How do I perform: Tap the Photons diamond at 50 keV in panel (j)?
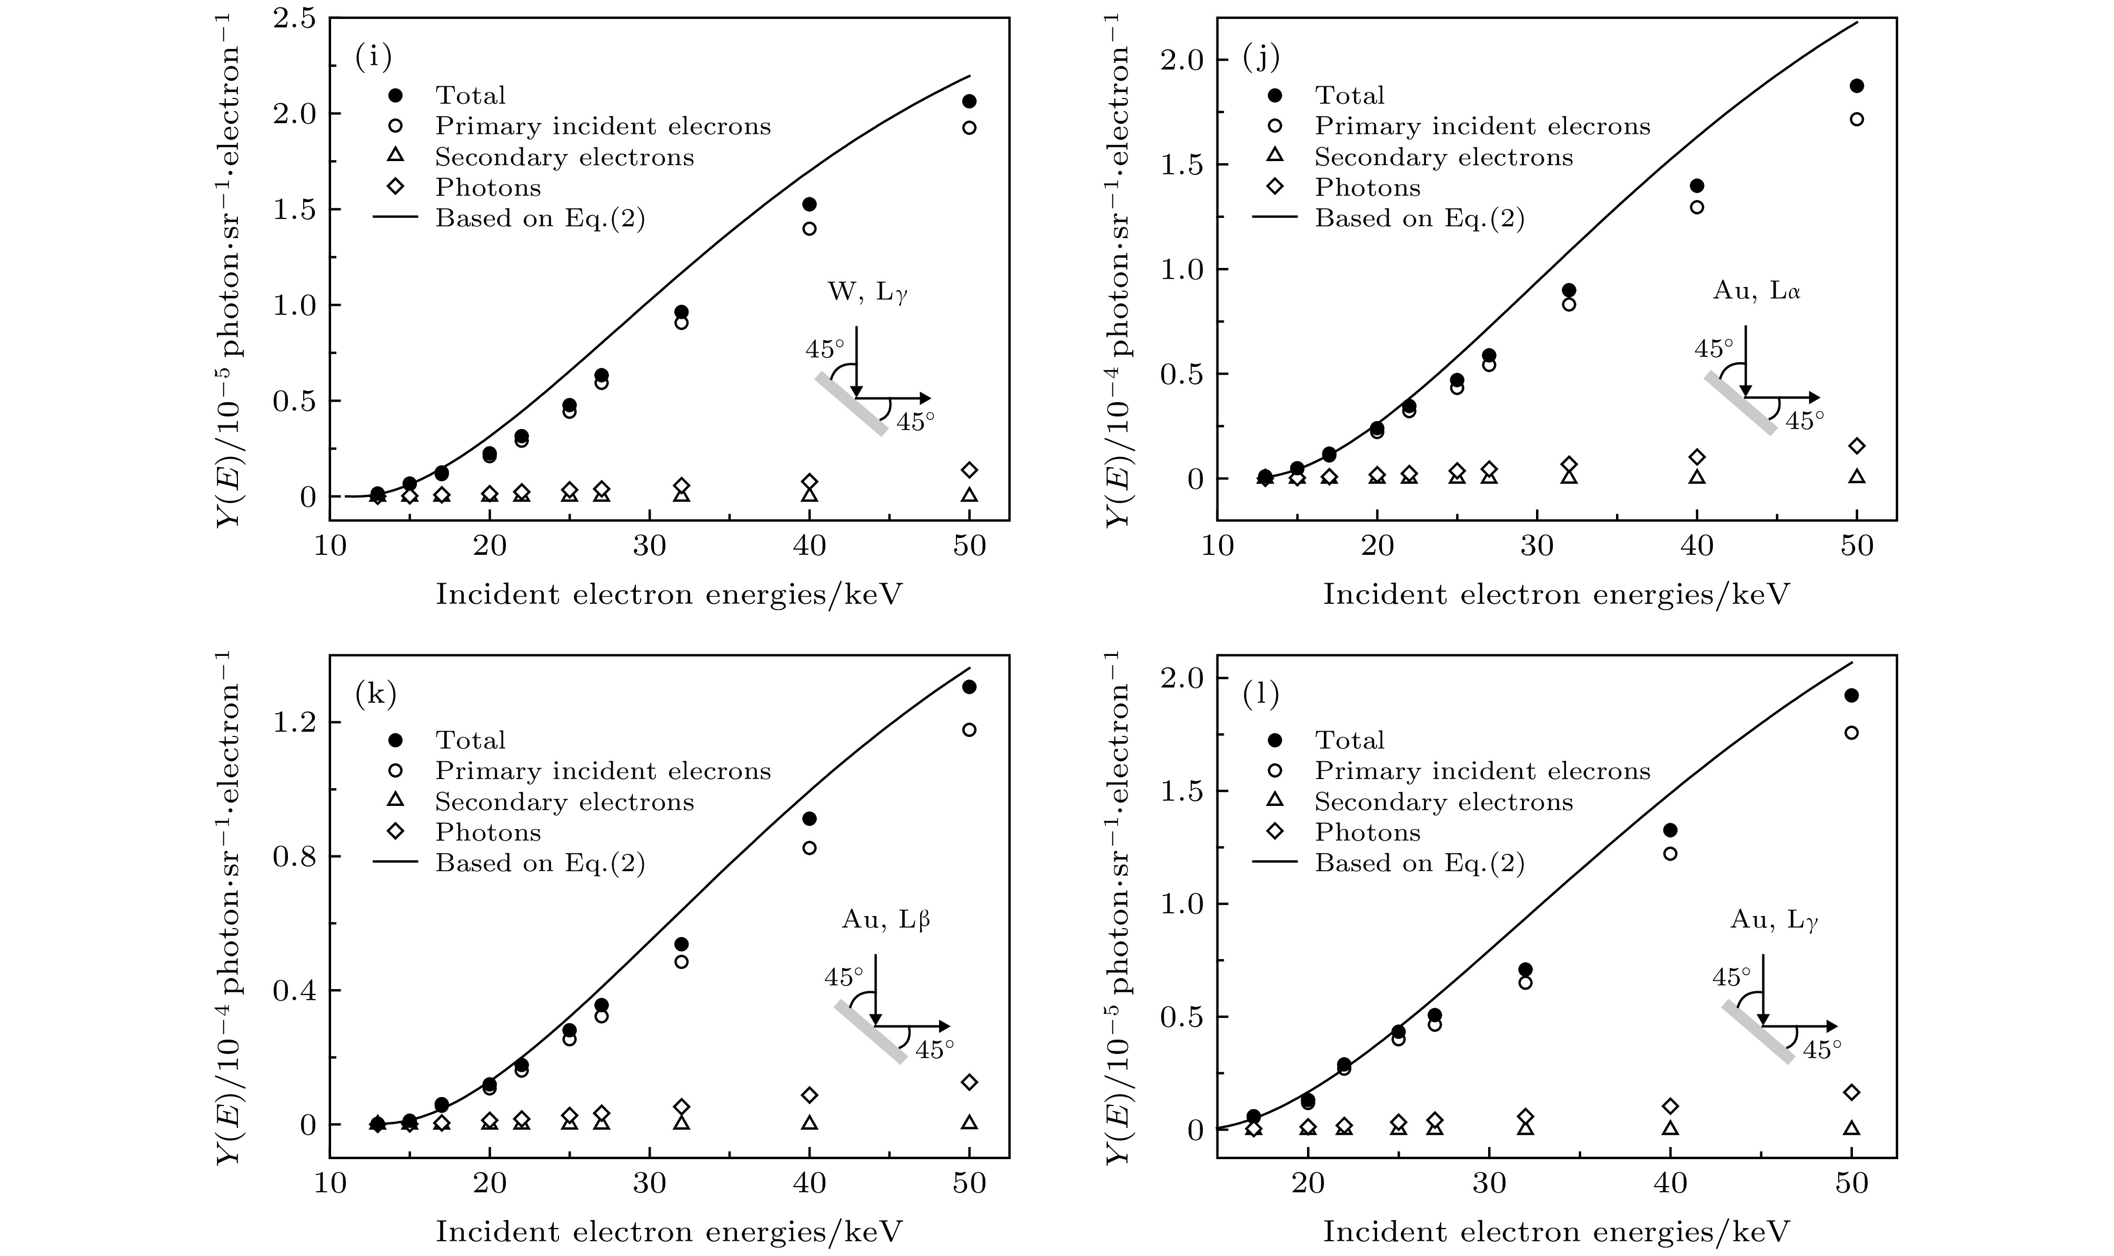click(1857, 446)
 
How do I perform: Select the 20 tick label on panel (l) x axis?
click(1308, 1182)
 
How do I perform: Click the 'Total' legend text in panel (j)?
click(1349, 95)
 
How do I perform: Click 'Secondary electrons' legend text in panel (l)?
click(1444, 802)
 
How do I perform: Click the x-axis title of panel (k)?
click(669, 1231)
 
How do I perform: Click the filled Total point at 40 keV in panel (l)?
click(1670, 830)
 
